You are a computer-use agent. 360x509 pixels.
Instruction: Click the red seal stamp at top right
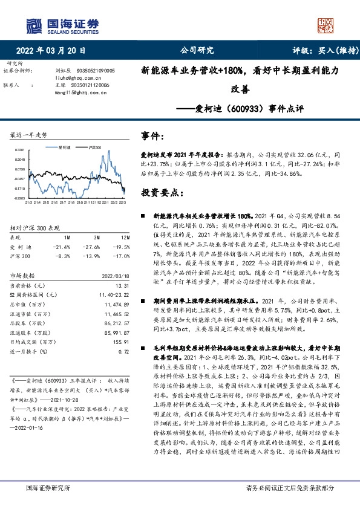327,24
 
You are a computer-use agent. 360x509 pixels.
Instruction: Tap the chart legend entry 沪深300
94,147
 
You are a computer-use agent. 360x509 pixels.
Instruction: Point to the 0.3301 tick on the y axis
19,149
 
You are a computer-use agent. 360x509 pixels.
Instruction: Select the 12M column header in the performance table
123,238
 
